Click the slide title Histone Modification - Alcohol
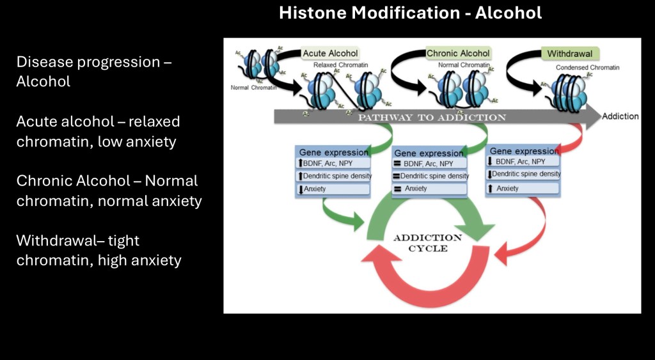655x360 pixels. point(410,13)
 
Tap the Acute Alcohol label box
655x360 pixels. point(329,53)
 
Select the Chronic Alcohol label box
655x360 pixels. point(458,53)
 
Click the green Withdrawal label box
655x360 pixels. point(569,53)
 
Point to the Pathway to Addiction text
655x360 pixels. point(432,118)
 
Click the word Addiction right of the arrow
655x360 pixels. point(620,116)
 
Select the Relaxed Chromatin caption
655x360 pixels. point(340,65)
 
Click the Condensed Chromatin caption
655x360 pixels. point(587,67)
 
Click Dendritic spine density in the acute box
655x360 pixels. point(333,176)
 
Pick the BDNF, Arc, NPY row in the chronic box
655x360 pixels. point(428,164)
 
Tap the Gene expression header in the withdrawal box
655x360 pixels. point(523,151)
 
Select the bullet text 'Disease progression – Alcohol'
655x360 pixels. point(94,72)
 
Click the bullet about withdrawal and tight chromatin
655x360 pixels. point(99,250)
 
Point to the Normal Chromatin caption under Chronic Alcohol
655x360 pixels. point(463,65)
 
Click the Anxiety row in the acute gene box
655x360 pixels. point(333,189)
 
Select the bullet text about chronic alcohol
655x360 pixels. point(109,191)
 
